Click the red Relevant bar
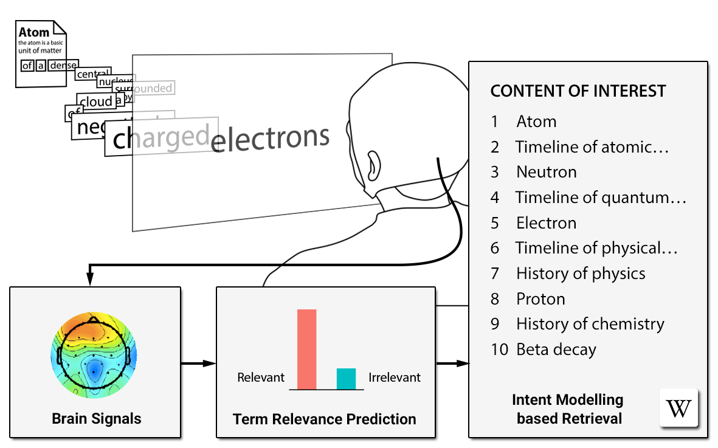(306, 349)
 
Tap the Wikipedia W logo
(678, 408)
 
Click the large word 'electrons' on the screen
(270, 139)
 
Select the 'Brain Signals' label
(96, 418)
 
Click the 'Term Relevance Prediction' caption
(325, 419)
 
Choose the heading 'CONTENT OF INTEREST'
(578, 91)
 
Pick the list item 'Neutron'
(546, 172)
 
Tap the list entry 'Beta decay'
(556, 350)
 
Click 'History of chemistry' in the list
(590, 324)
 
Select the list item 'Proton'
(540, 299)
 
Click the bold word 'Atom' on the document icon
(34, 32)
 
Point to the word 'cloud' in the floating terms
(96, 101)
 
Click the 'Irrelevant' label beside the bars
(395, 377)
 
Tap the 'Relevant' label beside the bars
(261, 377)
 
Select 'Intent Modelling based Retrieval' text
(568, 408)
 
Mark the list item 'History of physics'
(581, 274)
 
